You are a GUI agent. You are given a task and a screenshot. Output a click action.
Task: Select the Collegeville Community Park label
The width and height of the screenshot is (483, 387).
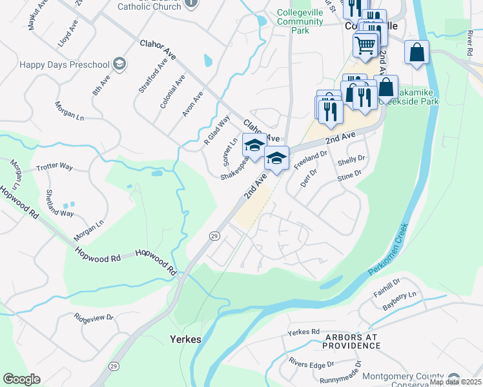point(300,21)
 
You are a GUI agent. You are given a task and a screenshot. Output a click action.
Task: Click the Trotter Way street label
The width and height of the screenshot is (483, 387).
point(55,166)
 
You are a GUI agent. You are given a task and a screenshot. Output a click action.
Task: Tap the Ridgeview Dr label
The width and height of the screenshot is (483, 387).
point(94,317)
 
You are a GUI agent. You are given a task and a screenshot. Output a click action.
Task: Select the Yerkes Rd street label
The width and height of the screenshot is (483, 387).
point(303,332)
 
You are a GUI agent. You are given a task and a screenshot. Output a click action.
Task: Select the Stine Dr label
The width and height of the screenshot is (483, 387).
point(348,174)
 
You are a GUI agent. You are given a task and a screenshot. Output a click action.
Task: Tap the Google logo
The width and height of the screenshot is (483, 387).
point(21,379)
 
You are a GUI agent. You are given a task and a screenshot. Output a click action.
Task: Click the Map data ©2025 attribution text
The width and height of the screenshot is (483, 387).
point(455,382)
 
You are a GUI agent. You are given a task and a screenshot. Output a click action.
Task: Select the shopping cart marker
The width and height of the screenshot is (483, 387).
point(365,46)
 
